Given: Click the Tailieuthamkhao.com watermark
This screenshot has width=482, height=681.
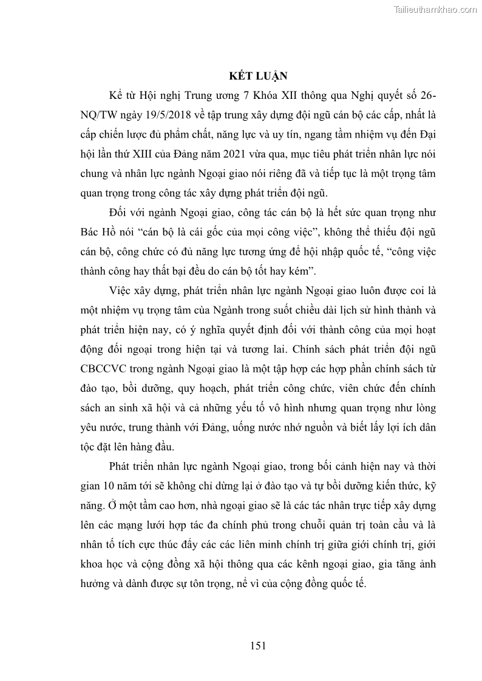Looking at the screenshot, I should pyautogui.click(x=436, y=10).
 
